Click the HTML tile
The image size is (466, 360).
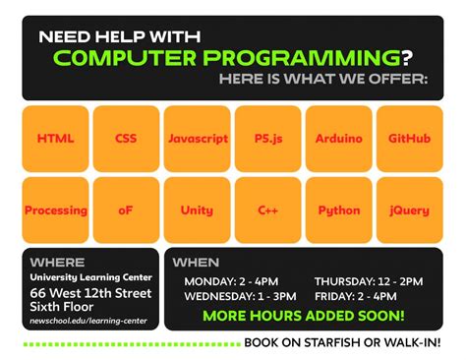tap(56, 139)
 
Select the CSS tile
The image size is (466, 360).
tap(126, 139)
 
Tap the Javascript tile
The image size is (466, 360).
tap(197, 139)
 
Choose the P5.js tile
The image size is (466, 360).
tap(267, 139)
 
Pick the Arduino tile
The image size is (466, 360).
tap(338, 139)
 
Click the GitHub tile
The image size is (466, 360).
tap(409, 139)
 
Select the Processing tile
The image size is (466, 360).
tap(56, 210)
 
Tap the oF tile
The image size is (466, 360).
tap(126, 210)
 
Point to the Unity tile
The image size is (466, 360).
tap(197, 210)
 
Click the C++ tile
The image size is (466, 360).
tap(267, 210)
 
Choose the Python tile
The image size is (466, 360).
tap(338, 210)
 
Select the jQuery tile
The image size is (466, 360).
tap(409, 210)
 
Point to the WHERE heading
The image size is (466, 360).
tap(57, 263)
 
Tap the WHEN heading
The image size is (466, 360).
tap(196, 263)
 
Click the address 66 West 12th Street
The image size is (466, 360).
tap(90, 293)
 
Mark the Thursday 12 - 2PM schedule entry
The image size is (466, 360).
tap(369, 280)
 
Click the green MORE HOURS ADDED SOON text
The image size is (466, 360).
tap(303, 316)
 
